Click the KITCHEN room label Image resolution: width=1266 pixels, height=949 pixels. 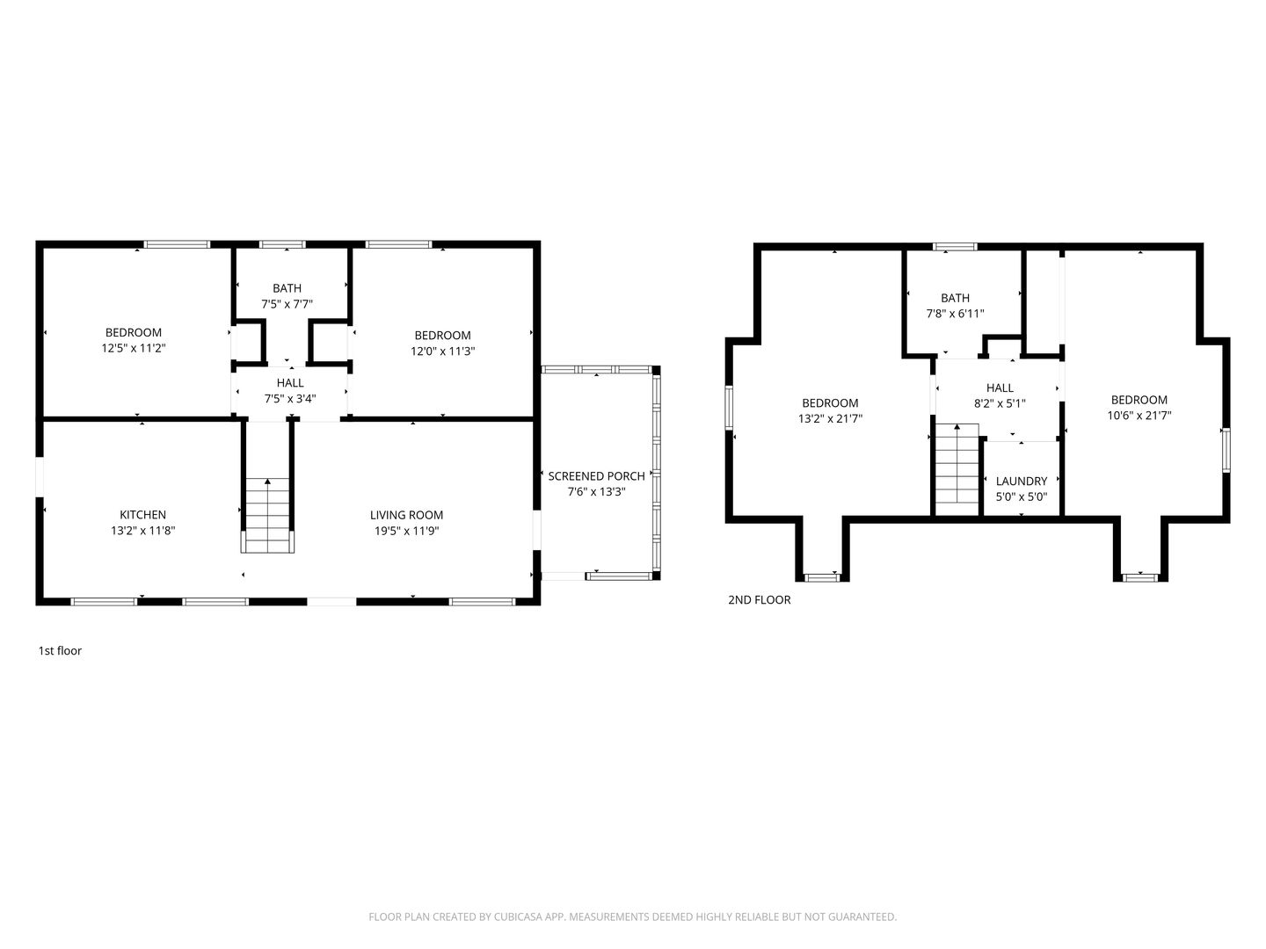142,515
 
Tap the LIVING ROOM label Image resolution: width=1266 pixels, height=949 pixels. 407,515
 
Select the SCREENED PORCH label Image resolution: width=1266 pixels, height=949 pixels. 596,476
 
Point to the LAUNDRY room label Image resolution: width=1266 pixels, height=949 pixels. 1022,482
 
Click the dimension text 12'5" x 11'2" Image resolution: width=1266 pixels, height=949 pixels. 134,348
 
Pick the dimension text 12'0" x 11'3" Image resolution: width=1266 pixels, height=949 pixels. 442,351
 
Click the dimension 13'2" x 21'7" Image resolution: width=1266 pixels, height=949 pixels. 830,419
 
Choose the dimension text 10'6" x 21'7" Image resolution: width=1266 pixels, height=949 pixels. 1139,416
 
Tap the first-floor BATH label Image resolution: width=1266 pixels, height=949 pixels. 287,288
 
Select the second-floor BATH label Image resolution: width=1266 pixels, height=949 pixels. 955,298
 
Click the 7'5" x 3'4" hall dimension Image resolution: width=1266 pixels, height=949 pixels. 290,399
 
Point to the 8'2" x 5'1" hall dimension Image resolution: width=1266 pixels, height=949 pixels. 1000,403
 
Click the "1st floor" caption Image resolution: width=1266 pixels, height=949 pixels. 60,651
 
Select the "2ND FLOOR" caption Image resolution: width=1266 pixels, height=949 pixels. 759,600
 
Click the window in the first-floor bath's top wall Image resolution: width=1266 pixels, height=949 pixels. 282,244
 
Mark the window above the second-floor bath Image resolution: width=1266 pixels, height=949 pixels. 955,247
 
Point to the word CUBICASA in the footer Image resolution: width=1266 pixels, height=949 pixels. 517,916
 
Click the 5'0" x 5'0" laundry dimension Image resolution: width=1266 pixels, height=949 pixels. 1022,496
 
